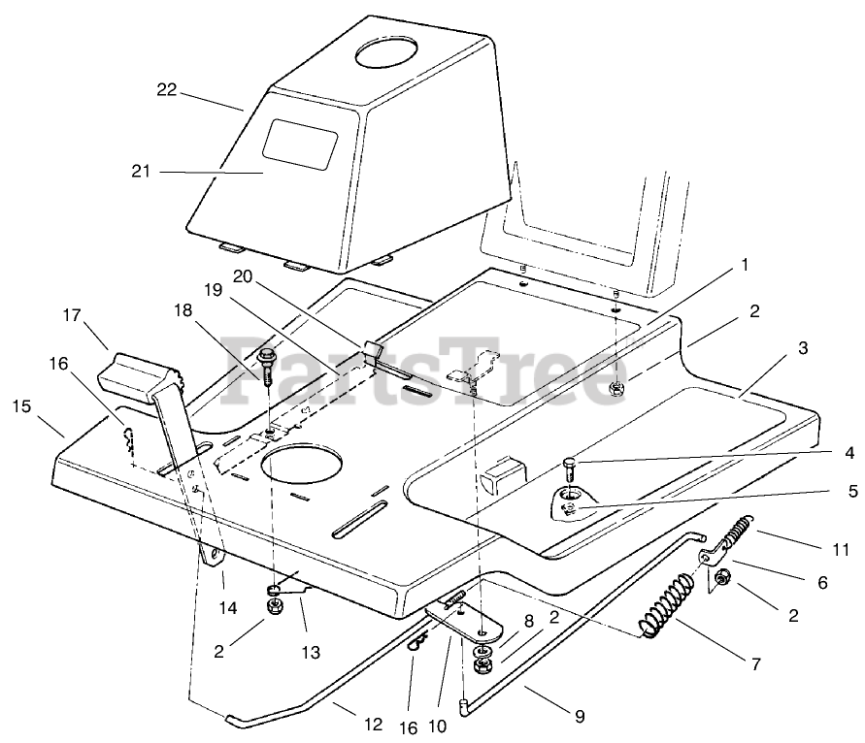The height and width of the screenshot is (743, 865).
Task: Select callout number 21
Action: [x=143, y=172]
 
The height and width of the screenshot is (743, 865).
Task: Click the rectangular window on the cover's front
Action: [x=302, y=145]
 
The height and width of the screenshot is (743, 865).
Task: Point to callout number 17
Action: [x=71, y=316]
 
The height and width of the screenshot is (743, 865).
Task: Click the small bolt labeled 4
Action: [x=570, y=468]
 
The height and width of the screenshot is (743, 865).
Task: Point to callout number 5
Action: [x=852, y=492]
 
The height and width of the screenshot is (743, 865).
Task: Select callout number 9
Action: [x=579, y=718]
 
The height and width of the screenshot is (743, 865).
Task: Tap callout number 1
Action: [x=745, y=264]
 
